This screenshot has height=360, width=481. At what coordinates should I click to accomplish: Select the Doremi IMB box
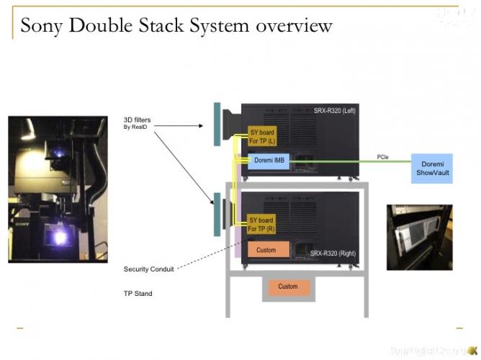269,162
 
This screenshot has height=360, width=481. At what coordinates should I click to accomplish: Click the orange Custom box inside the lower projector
268,249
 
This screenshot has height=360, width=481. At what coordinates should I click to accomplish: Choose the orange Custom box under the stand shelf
288,287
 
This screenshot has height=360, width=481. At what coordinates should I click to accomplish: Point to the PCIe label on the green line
385,156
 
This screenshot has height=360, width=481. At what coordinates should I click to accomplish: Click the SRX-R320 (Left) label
334,110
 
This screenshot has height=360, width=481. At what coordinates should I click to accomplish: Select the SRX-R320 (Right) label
332,253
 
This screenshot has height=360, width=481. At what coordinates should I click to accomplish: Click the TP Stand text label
138,294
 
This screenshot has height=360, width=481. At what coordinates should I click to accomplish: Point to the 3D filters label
138,119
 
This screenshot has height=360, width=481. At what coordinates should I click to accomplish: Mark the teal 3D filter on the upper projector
216,125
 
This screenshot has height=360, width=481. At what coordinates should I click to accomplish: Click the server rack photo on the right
419,238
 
